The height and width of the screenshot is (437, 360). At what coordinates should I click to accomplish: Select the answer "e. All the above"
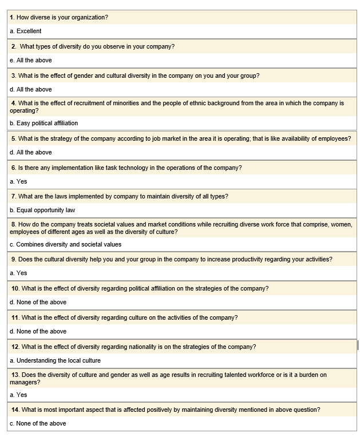pyautogui.click(x=31, y=60)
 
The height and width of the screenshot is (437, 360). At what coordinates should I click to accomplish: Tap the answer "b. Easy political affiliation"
pyautogui.click(x=44, y=123)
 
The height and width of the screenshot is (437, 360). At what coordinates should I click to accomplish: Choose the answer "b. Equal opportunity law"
pyautogui.click(x=42, y=210)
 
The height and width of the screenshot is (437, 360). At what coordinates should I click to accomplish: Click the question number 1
pyautogui.click(x=12, y=17)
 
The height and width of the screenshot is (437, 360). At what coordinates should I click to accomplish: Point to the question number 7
pyautogui.click(x=13, y=196)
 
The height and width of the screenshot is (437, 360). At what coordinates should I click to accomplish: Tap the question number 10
pyautogui.click(x=15, y=288)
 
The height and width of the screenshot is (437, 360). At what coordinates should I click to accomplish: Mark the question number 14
pyautogui.click(x=15, y=410)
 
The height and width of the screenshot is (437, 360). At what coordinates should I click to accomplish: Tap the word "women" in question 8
pyautogui.click(x=341, y=225)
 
